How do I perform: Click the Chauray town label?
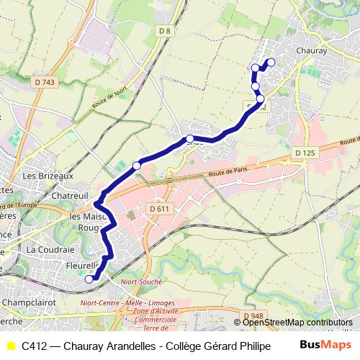[312, 51]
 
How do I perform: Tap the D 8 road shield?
[166, 30]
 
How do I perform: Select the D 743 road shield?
[44, 83]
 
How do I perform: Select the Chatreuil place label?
[71, 195]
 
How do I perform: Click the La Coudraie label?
[50, 248]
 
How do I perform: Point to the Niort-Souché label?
[142, 282]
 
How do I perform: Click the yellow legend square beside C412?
[10, 346]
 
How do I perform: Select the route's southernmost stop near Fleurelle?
[89, 279]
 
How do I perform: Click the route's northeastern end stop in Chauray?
[271, 62]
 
